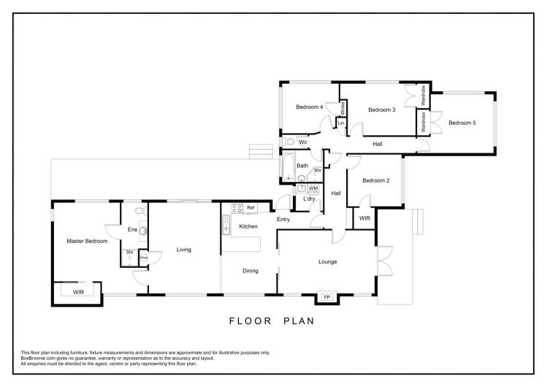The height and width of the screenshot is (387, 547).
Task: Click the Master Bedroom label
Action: click(x=87, y=241)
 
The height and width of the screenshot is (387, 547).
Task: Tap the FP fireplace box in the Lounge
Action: click(x=327, y=297)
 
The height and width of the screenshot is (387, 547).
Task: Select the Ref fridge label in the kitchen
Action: click(x=250, y=208)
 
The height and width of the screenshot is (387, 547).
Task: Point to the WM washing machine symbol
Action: click(x=313, y=188)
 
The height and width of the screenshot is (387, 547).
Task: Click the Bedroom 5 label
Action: click(x=462, y=123)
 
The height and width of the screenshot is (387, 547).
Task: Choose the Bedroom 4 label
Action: click(x=309, y=107)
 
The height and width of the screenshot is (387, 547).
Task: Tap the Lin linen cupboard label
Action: click(x=341, y=123)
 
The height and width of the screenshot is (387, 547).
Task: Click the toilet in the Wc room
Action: click(x=288, y=142)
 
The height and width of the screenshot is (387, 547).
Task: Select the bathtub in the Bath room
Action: click(x=288, y=166)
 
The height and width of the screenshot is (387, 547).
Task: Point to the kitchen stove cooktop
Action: click(x=237, y=209)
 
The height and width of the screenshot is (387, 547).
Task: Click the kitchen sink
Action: click(x=226, y=225)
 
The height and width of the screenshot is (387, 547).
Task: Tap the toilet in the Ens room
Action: click(x=141, y=210)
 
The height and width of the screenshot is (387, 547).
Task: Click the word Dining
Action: click(x=250, y=271)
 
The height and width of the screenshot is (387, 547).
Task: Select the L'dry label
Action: click(x=309, y=199)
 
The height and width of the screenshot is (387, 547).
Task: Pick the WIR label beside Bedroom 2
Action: click(x=364, y=218)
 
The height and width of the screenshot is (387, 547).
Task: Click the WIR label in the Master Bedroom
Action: click(x=78, y=292)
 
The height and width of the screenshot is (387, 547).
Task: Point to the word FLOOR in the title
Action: click(x=250, y=321)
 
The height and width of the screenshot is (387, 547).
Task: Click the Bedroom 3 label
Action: click(x=382, y=110)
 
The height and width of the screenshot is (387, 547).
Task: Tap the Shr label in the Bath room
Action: click(x=318, y=170)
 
